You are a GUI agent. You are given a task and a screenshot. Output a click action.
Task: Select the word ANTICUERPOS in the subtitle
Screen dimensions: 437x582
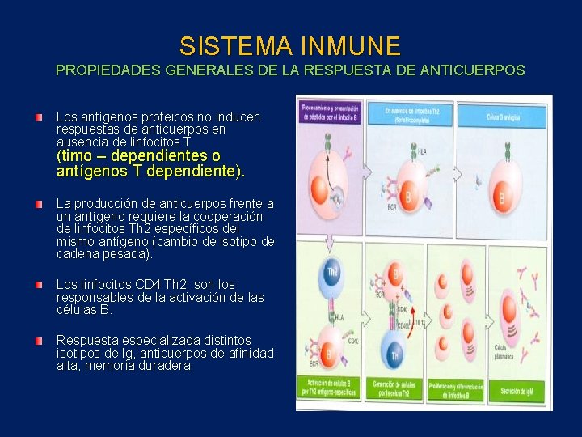coord(473,70)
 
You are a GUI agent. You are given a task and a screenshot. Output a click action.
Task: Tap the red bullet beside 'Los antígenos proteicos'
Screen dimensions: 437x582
coord(39,118)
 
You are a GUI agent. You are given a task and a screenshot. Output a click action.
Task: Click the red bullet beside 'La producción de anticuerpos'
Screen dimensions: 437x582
coord(39,204)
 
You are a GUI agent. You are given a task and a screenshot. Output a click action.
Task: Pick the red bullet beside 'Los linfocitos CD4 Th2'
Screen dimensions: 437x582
coord(39,286)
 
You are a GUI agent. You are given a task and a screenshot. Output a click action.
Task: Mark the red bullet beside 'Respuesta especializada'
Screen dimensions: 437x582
coord(39,341)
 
